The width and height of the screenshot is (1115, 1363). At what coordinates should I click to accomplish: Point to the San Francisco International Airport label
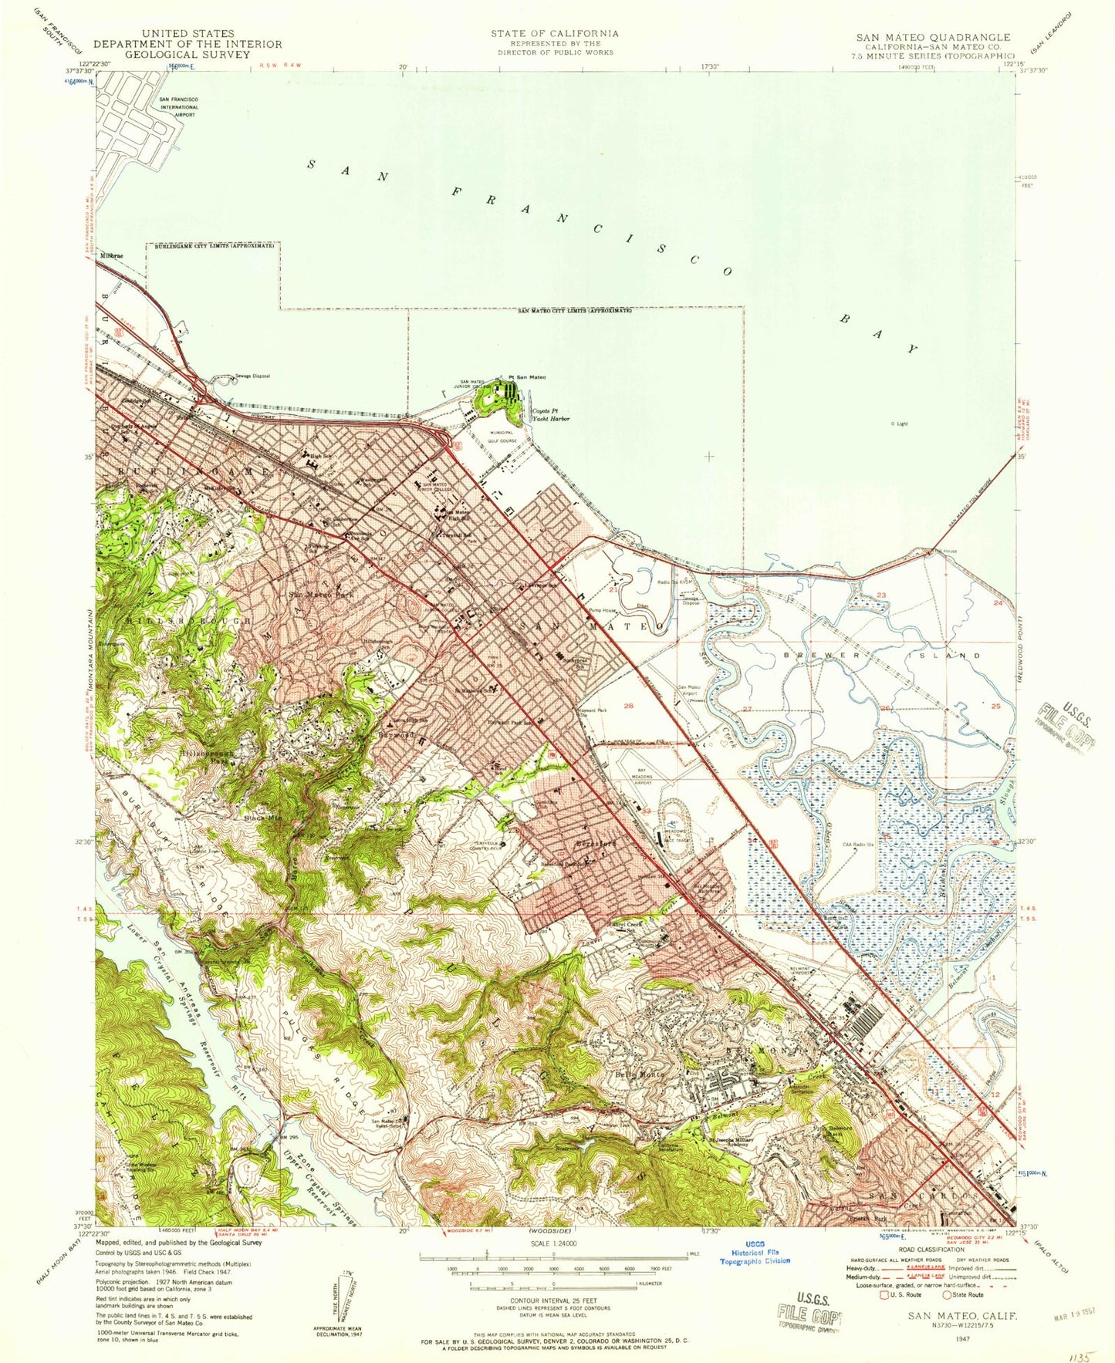(178, 107)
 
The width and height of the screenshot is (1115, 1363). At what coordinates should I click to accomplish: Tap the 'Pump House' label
(603, 610)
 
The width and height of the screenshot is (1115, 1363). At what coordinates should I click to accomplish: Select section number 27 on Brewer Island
(746, 708)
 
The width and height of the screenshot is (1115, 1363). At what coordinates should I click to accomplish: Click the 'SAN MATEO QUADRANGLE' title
(932, 37)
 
